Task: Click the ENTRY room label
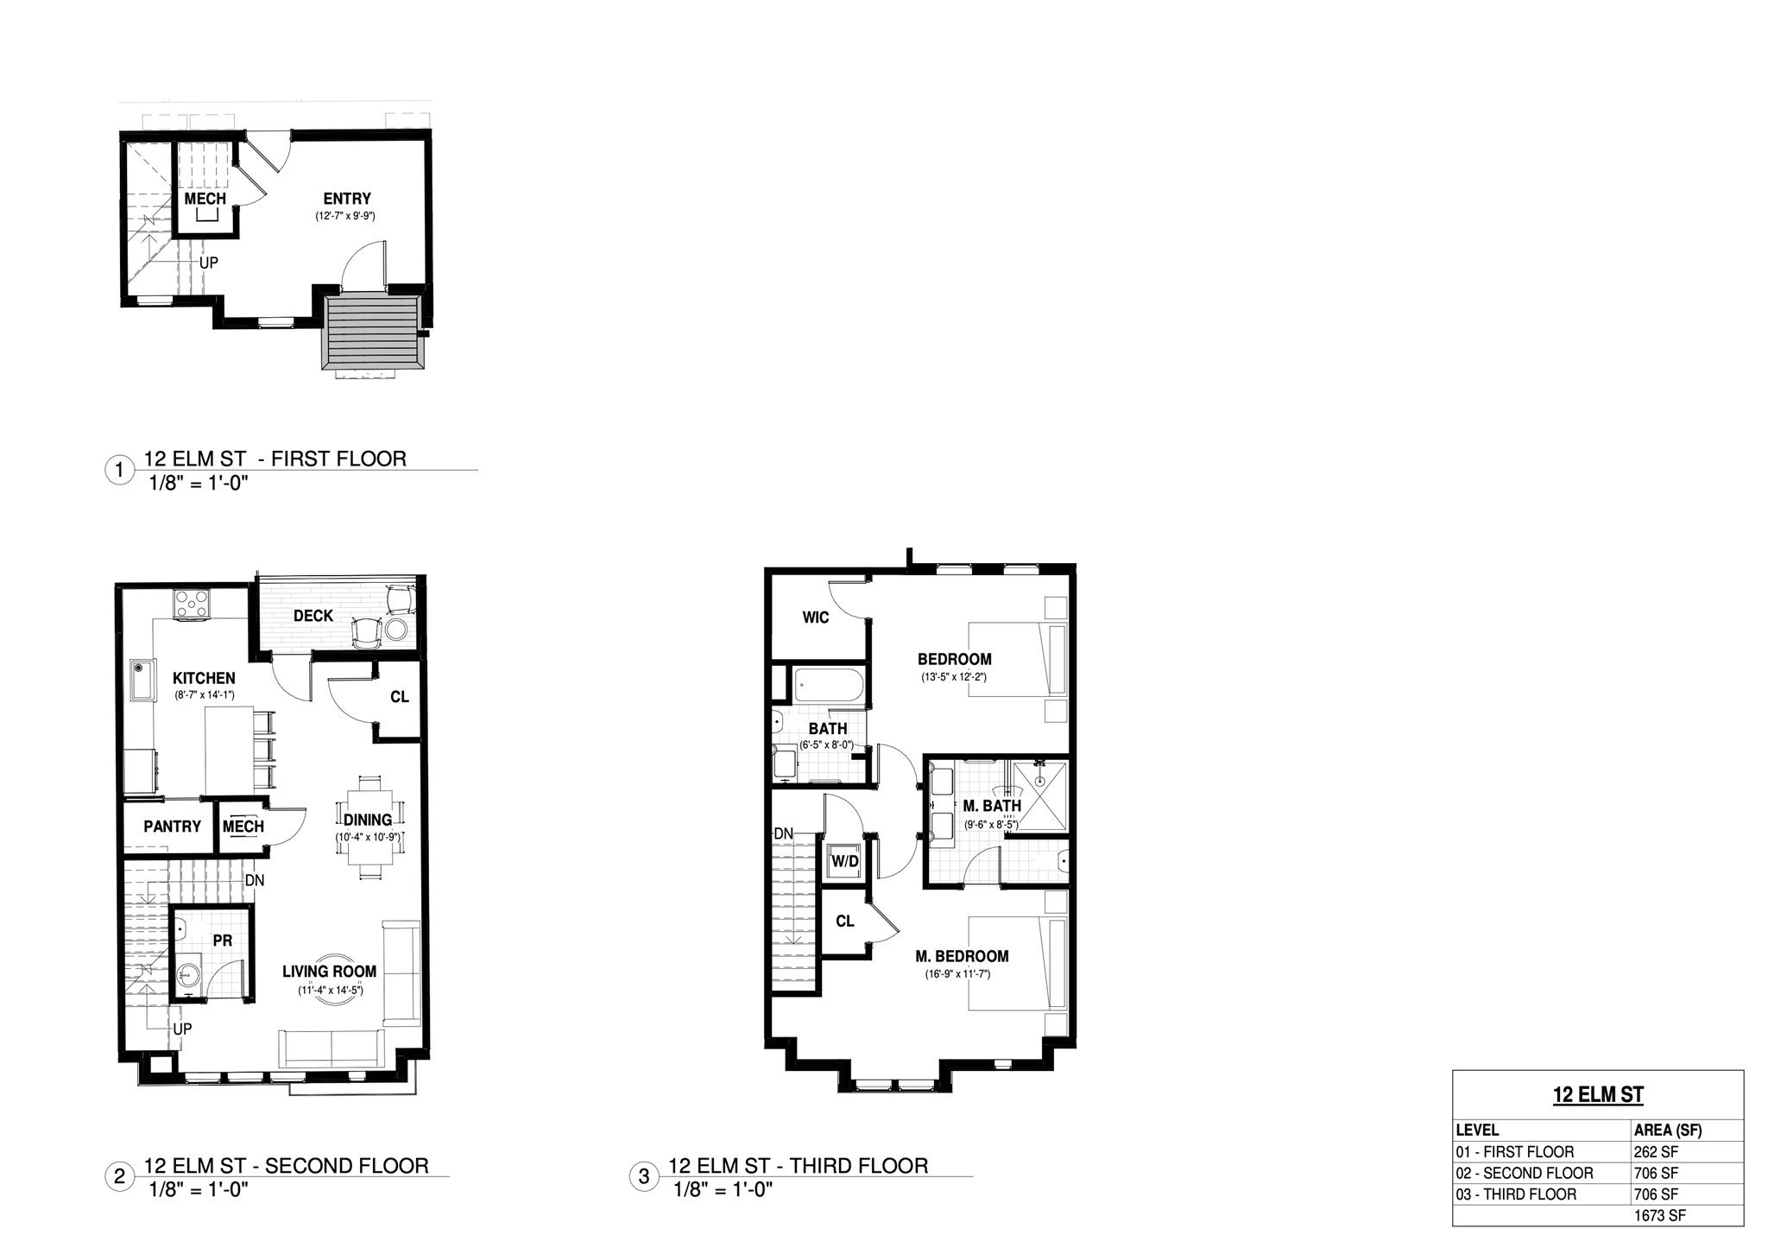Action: pyautogui.click(x=347, y=199)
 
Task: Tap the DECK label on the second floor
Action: pyautogui.click(x=313, y=616)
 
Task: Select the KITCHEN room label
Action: pyautogui.click(x=204, y=679)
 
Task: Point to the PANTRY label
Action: pyautogui.click(x=173, y=827)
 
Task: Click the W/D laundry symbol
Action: pyautogui.click(x=844, y=860)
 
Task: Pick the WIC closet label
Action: pyautogui.click(x=816, y=618)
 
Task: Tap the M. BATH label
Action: pyautogui.click(x=992, y=806)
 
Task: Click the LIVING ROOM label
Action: pyautogui.click(x=330, y=972)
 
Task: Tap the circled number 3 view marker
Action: pyautogui.click(x=644, y=1177)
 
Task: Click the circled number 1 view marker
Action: pyautogui.click(x=119, y=471)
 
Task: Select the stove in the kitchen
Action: pyautogui.click(x=193, y=603)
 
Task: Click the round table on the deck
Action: pyautogui.click(x=396, y=630)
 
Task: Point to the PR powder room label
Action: pyautogui.click(x=223, y=941)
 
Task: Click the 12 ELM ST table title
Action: pyautogui.click(x=1598, y=1095)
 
